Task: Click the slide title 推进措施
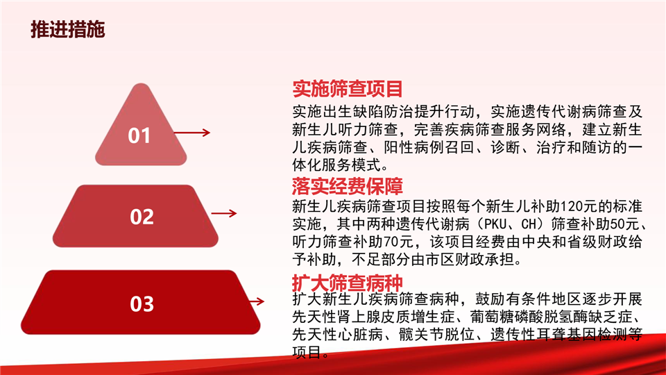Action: pyautogui.click(x=67, y=29)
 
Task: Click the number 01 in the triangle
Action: pyautogui.click(x=139, y=135)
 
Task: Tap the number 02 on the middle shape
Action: pyautogui.click(x=142, y=217)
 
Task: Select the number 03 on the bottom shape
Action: pyautogui.click(x=142, y=304)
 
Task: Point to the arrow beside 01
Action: pyautogui.click(x=192, y=133)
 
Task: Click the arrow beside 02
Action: pyautogui.click(x=224, y=213)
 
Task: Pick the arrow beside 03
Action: pyautogui.click(x=257, y=301)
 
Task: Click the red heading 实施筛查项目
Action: pyautogui.click(x=348, y=89)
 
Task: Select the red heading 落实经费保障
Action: pyautogui.click(x=348, y=186)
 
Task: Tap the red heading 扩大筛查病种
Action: pyautogui.click(x=348, y=283)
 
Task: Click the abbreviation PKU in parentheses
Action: pyautogui.click(x=495, y=224)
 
